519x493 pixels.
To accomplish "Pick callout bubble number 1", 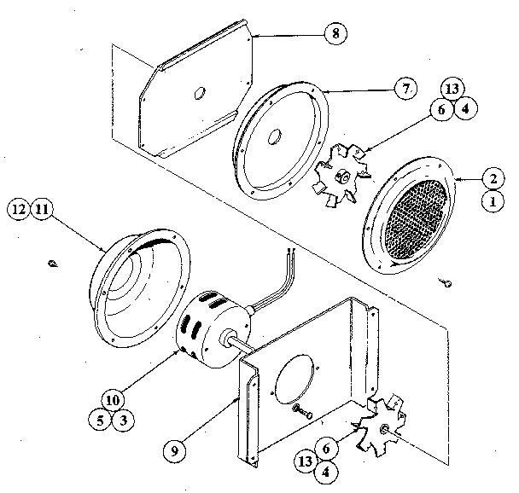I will pyautogui.click(x=491, y=202).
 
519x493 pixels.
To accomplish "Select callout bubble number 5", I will pyautogui.click(x=102, y=420).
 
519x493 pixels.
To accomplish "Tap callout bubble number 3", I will pyautogui.click(x=125, y=420).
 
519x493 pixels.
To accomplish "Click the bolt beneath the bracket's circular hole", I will pyautogui.click(x=302, y=412).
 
